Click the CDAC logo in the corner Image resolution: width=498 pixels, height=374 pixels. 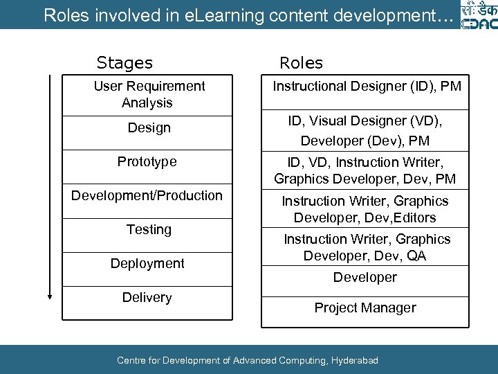[x=477, y=15]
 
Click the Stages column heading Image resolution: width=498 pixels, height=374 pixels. [x=124, y=63]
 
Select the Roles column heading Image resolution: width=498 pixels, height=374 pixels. [x=301, y=63]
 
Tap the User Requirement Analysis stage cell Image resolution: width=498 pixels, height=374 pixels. [x=149, y=94]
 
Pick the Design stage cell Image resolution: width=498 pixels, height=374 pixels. [x=149, y=128]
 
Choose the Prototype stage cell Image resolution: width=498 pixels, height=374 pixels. [x=147, y=162]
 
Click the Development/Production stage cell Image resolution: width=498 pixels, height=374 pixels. [x=147, y=196]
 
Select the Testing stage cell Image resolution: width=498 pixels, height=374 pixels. [x=149, y=229]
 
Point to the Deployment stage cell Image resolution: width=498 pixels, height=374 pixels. [x=147, y=263]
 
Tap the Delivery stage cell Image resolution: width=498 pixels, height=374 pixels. [x=147, y=298]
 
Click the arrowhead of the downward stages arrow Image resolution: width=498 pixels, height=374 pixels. [x=50, y=296]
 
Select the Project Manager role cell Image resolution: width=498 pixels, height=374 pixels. [x=365, y=308]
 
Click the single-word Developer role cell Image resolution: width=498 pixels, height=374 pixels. [x=365, y=277]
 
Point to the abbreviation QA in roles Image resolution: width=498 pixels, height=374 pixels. [x=416, y=256]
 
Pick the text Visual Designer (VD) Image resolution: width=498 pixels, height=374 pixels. [x=376, y=121]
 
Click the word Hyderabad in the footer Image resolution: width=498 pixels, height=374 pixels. [x=355, y=360]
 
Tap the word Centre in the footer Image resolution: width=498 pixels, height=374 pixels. [x=131, y=360]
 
